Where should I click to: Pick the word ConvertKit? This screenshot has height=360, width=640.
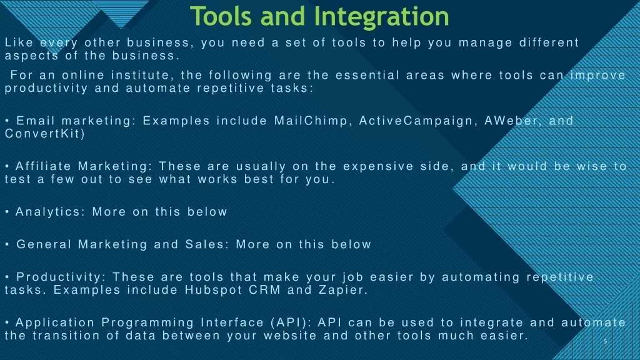pos(44,134)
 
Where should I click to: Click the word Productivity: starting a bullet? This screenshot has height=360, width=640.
pos(61,277)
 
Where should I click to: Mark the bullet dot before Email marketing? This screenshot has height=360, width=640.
pos(7,121)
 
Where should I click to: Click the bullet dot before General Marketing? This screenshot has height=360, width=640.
pos(7,244)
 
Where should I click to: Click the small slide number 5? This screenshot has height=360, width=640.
pos(605,341)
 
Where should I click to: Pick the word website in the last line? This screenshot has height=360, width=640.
pos(290,336)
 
